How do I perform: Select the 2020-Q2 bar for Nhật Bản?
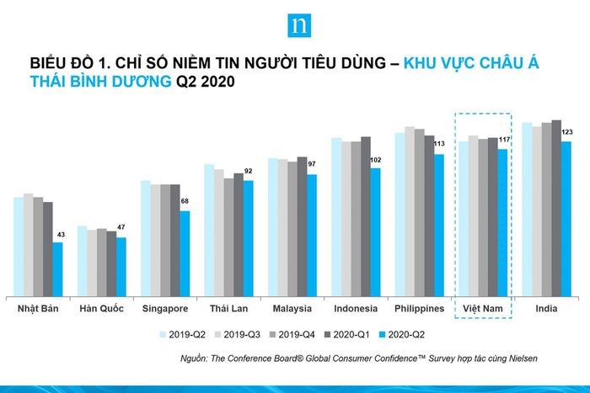[x=57, y=268]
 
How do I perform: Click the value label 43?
[x=60, y=234]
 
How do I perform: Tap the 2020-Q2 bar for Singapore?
[x=185, y=252]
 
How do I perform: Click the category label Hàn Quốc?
[x=101, y=309]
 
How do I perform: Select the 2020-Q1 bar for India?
[x=556, y=207]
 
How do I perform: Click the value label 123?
[x=567, y=132]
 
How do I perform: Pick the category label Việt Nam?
[x=484, y=309]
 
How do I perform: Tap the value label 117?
[x=505, y=140]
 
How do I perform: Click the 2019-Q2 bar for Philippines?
[x=400, y=214]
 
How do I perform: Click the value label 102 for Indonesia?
[x=376, y=160]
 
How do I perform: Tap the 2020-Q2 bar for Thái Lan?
[x=249, y=237]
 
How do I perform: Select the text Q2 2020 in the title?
[x=205, y=82]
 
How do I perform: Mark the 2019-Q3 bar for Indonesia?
[x=346, y=218]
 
